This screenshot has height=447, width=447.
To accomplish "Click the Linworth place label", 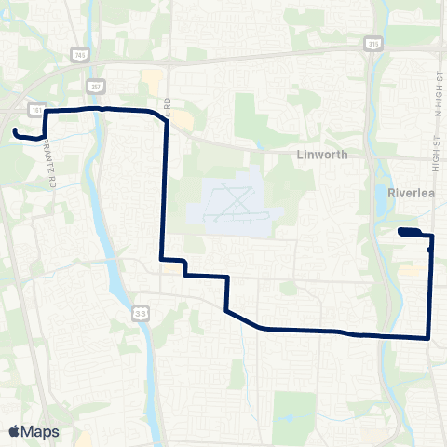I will pyautogui.click(x=321, y=155).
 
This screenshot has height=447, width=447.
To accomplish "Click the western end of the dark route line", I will pyautogui.click(x=16, y=132).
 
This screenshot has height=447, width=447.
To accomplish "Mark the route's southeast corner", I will pyautogui.click(x=428, y=337).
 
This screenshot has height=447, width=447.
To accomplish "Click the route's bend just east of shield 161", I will pyautogui.click(x=45, y=112).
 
